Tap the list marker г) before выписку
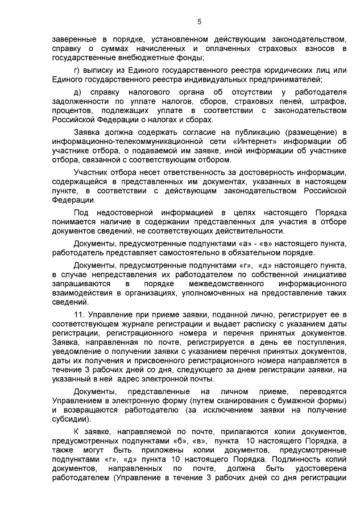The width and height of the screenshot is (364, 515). click(78, 70)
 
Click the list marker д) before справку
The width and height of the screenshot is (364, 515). click(78, 92)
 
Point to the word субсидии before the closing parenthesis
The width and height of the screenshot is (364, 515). click(71, 419)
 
